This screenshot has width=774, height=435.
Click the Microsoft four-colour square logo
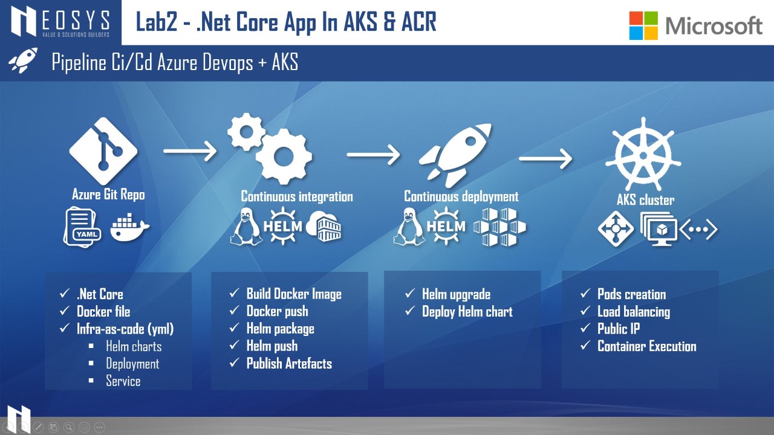[643, 25]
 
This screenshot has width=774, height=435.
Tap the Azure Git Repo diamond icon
[103, 151]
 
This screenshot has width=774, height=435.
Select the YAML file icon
[82, 227]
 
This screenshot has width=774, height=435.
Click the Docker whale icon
[129, 228]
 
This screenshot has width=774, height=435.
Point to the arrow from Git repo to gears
[190, 151]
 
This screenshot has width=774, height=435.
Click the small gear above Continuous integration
[246, 132]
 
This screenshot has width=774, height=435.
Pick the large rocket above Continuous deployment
[455, 155]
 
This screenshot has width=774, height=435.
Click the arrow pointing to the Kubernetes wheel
[545, 158]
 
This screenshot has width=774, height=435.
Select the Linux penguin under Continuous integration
[246, 227]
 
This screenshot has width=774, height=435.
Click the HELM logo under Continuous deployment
[446, 226]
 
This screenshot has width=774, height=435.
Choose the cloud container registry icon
[324, 226]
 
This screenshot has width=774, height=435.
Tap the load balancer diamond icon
[616, 228]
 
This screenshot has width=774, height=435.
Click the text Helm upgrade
[456, 294]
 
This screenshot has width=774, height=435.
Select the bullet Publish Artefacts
[289, 364]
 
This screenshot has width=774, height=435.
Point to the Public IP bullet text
[619, 329]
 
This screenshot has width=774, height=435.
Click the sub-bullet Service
[123, 381]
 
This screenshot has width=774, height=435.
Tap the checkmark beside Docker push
[234, 310]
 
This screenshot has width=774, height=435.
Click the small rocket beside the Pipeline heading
[23, 60]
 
